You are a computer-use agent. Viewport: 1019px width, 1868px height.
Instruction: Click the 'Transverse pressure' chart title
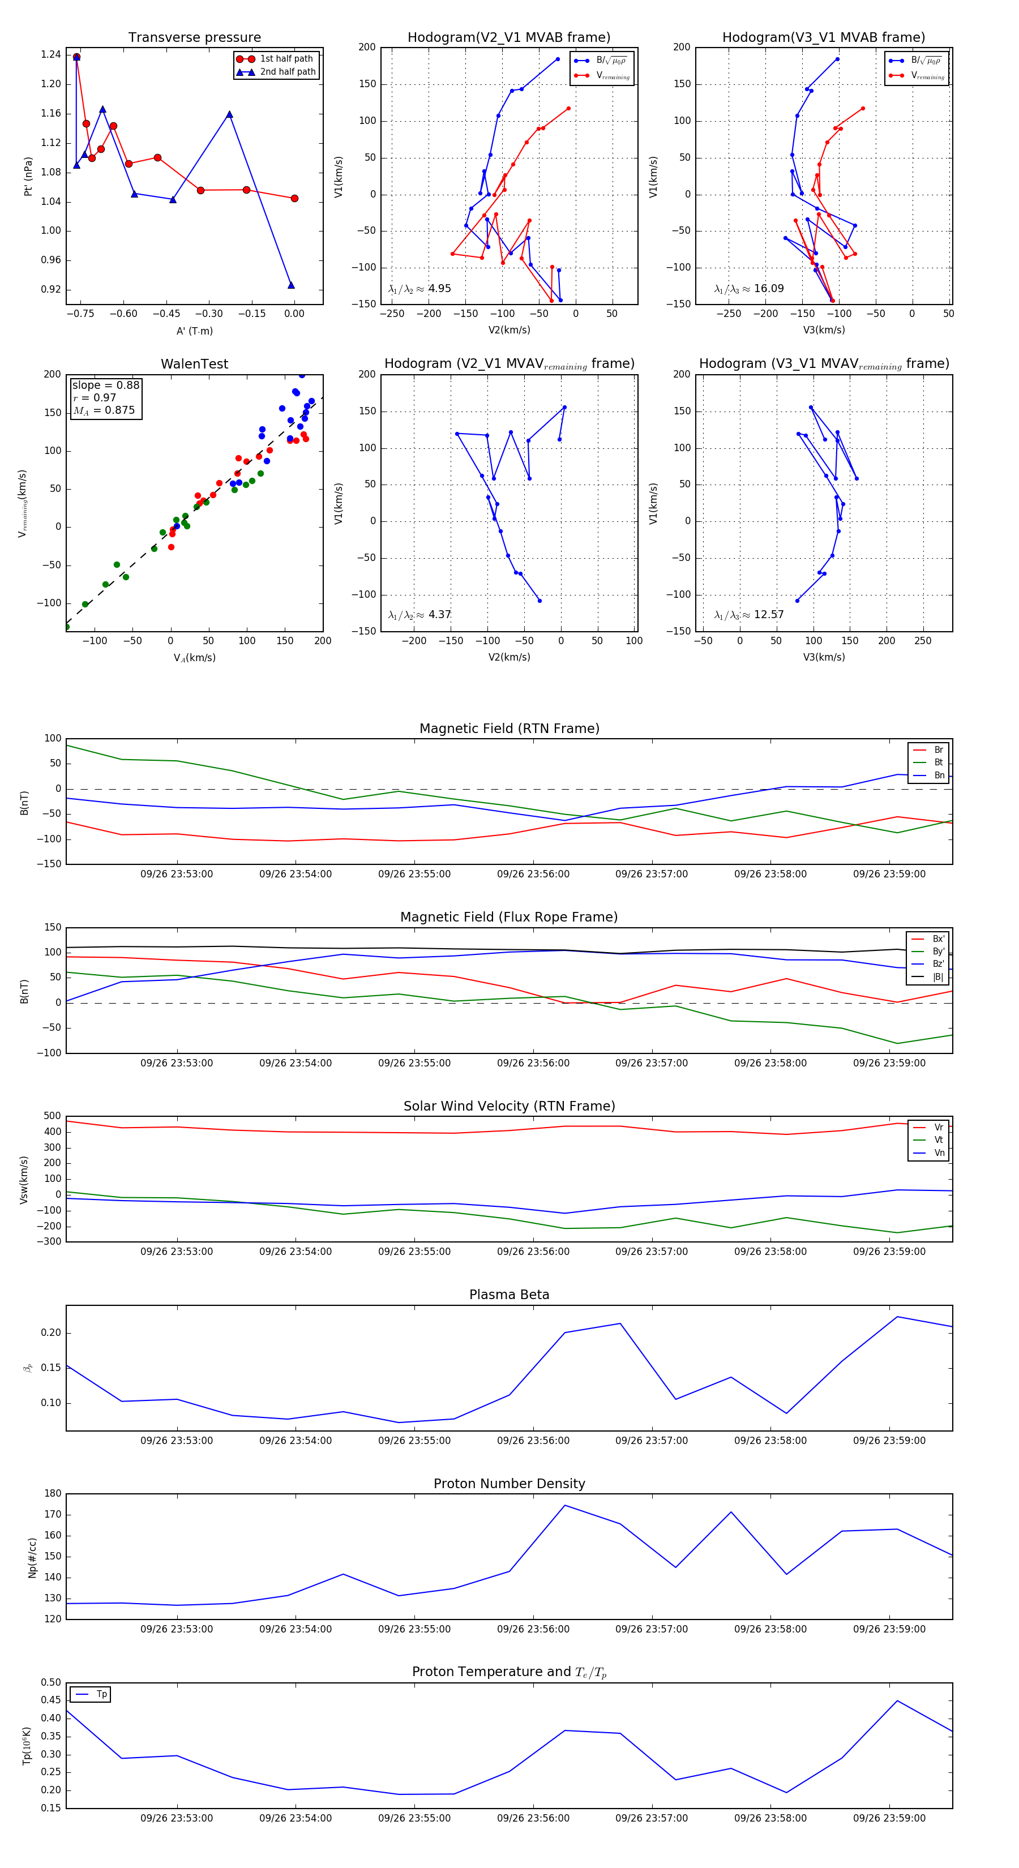point(194,38)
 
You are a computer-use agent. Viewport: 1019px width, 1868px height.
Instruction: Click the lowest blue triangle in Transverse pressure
point(291,285)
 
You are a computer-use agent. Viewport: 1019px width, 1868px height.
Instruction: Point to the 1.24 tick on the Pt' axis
point(51,54)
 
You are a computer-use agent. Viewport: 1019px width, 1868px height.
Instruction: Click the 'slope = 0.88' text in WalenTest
point(106,385)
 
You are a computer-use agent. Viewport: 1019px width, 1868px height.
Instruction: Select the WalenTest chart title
point(194,364)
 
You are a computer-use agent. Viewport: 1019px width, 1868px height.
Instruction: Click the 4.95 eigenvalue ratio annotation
point(439,289)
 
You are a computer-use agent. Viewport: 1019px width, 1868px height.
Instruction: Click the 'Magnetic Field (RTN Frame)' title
point(509,729)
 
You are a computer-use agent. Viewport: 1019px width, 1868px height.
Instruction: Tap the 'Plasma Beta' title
point(509,1295)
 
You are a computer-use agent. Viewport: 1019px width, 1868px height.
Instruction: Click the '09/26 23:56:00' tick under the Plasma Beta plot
point(533,1441)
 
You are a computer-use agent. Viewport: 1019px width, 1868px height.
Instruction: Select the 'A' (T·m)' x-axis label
point(194,331)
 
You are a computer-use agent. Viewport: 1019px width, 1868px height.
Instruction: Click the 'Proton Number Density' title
point(509,1484)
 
